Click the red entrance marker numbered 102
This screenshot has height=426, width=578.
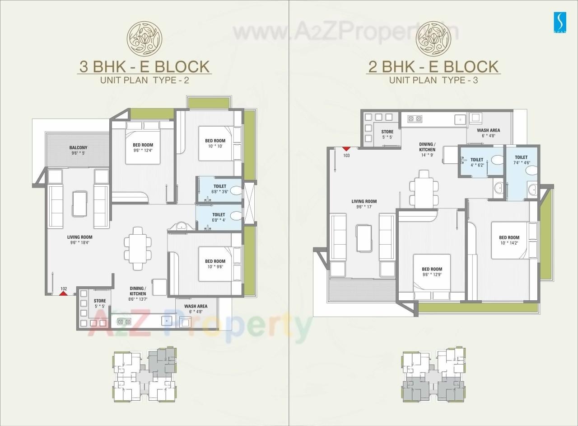coord(64,293)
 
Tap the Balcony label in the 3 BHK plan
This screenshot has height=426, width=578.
coord(78,150)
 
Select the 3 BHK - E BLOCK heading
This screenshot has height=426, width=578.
coord(144,66)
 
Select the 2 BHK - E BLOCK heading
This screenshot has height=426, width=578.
coord(433,66)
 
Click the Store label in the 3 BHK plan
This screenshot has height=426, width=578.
coord(100,303)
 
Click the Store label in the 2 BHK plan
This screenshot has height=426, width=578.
coord(387,134)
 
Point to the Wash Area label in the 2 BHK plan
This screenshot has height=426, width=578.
coord(489,133)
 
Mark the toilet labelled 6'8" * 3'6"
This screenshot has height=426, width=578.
coord(220,189)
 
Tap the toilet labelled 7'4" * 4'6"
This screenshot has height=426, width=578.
coord(521,160)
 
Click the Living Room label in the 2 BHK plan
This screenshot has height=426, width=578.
coord(364,204)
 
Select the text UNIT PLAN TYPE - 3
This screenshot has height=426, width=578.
coord(433,80)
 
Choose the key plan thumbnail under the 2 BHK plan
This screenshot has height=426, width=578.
coord(433,375)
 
